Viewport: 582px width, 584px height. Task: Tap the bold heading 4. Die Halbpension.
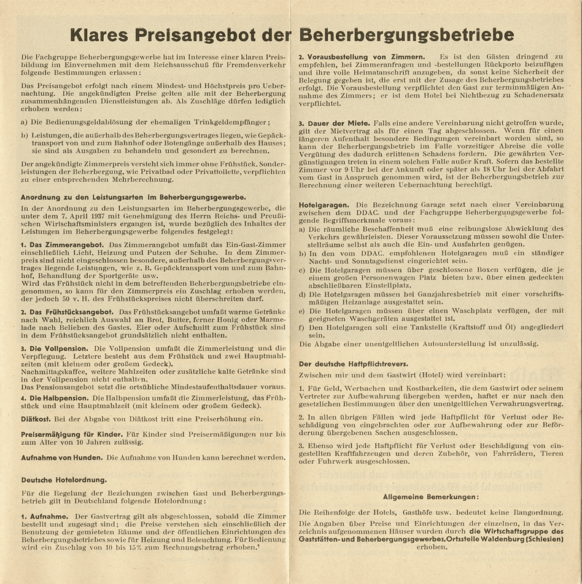point(56,397)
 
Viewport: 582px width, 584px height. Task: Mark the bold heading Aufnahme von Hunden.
point(63,458)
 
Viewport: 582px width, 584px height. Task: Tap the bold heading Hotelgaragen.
point(325,204)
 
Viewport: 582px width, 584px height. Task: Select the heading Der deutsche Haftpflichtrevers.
point(348,364)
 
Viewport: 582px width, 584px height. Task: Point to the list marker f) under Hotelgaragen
point(303,327)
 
